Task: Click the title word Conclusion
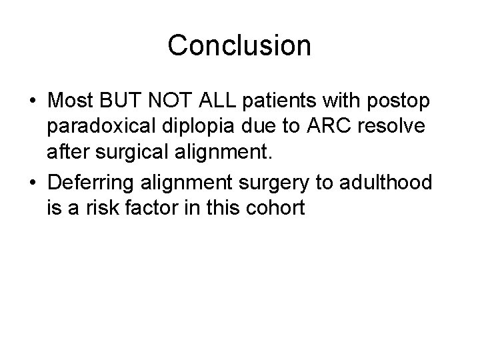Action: (239, 45)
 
